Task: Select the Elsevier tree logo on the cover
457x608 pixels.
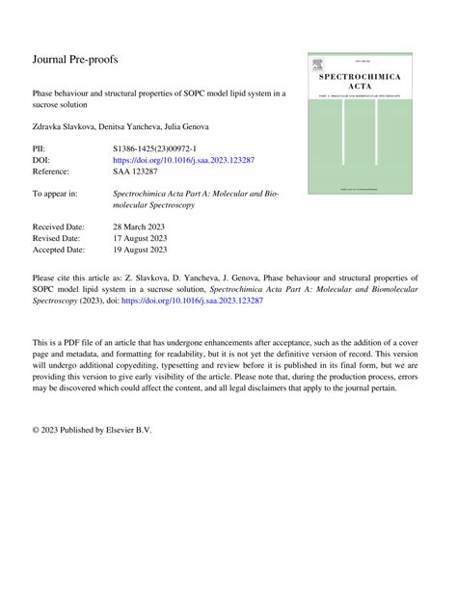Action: coord(317,66)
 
